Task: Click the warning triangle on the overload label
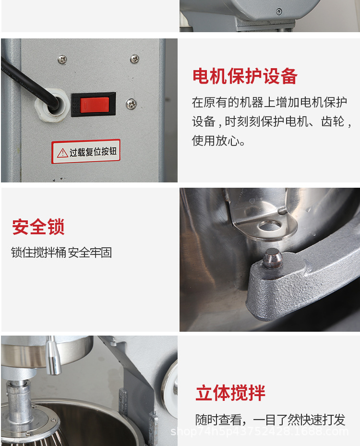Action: point(62,153)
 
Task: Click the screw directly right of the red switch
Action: point(131,103)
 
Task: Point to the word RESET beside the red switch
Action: point(75,105)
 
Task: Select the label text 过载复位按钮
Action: point(93,152)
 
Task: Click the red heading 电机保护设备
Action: point(245,76)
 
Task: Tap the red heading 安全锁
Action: point(38,227)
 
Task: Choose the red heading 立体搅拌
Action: point(230,393)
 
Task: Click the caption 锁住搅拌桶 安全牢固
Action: point(61,253)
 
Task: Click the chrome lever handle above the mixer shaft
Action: point(54,355)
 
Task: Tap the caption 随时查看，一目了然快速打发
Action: point(270,420)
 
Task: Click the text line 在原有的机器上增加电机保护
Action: point(269,102)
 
